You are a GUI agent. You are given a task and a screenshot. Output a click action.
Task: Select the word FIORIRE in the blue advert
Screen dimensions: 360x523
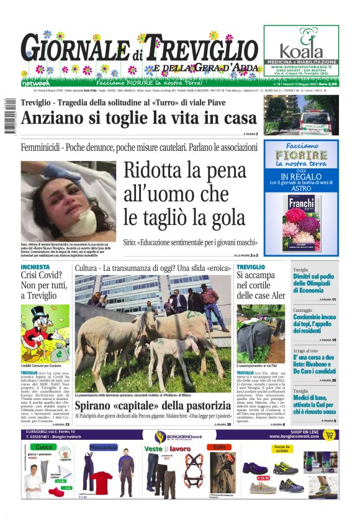(301, 153)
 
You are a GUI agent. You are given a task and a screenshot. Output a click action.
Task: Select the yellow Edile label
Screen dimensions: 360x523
(220, 447)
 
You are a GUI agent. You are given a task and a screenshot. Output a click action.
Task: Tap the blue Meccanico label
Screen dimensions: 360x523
(103, 447)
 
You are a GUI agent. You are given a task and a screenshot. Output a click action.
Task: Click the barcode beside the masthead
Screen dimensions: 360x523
(9, 118)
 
